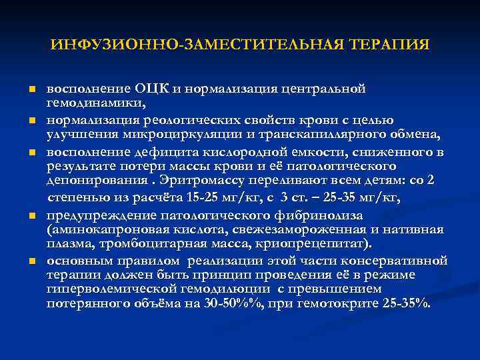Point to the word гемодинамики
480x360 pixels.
(95, 104)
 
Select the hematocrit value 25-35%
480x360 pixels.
(397, 304)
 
